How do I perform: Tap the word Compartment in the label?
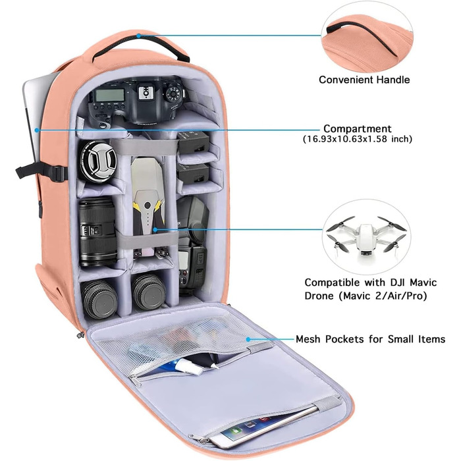[x=357, y=129]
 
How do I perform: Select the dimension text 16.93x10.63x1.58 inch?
[x=358, y=139]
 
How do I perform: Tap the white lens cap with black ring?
[x=99, y=161]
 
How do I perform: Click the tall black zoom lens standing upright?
[x=97, y=232]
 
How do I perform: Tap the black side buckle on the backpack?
[x=59, y=173]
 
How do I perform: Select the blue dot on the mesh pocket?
[x=248, y=339]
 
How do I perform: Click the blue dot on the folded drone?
[x=155, y=229]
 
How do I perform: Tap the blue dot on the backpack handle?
[x=138, y=36]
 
